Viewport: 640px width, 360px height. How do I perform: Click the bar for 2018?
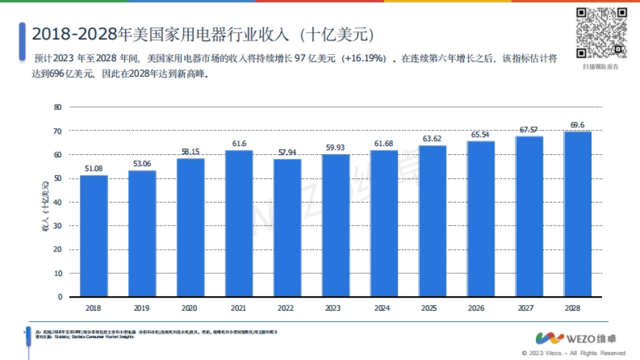tap(94, 236)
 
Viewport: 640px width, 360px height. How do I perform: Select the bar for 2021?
tap(239, 223)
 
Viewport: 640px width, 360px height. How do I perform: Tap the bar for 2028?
tap(578, 214)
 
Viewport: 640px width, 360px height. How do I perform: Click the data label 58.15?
tap(190, 151)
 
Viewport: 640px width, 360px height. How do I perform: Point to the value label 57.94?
tap(287, 153)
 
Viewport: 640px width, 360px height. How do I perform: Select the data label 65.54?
tap(481, 134)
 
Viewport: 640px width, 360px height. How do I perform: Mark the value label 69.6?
tap(578, 125)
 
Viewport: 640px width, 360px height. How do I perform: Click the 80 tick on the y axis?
tap(58, 107)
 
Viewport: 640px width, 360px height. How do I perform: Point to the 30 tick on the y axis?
tap(58, 226)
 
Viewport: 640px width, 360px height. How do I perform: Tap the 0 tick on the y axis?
tap(60, 297)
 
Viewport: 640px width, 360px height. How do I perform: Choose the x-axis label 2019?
tap(142, 308)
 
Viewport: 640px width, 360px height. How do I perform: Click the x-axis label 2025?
tap(432, 308)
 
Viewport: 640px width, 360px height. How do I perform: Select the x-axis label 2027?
tap(529, 308)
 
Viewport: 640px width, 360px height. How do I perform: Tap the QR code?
tap(601, 33)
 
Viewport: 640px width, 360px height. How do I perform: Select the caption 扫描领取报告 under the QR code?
tap(601, 67)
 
